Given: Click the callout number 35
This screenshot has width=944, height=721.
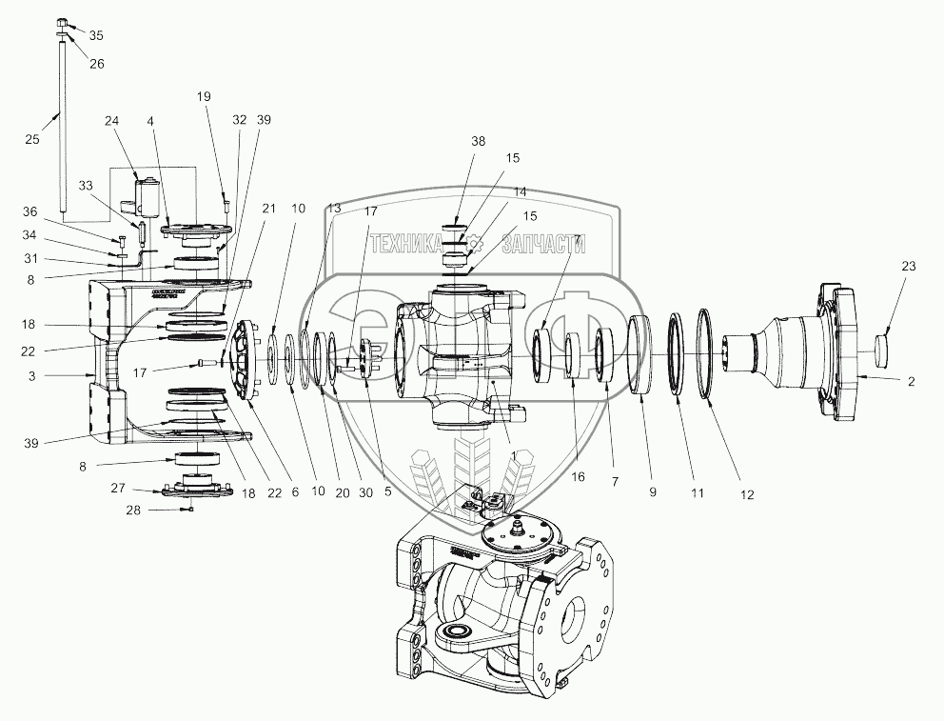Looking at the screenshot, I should [96, 35].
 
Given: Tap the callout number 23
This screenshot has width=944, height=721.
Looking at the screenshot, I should [908, 267].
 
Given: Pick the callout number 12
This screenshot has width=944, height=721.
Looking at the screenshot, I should [746, 494].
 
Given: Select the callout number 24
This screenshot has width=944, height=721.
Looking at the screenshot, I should [112, 121].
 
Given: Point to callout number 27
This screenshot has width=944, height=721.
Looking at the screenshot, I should [116, 488].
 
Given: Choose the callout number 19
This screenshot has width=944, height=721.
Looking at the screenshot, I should [204, 96].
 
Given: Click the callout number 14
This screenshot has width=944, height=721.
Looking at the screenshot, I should [520, 191].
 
